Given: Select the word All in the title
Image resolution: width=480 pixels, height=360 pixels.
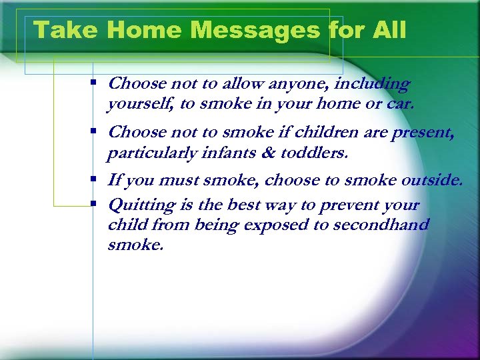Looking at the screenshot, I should pos(389,30).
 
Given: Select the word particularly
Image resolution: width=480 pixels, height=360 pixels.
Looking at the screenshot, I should pos(145,153).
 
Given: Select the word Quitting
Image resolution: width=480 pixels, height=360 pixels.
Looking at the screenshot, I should pos(141,205).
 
